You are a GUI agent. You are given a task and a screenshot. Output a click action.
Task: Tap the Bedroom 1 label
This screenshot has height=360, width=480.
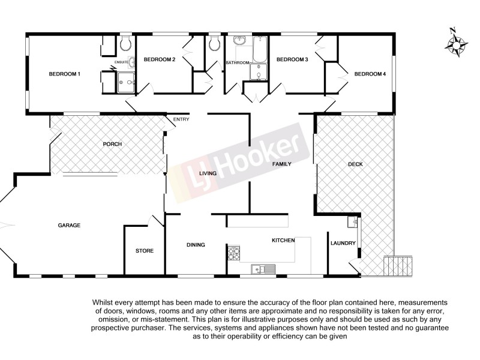64,74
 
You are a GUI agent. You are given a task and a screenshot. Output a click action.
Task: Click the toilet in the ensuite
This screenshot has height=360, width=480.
125,43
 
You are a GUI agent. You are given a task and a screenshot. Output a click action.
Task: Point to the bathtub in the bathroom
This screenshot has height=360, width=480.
260,50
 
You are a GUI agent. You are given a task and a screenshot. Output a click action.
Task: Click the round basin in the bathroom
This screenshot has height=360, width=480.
239,41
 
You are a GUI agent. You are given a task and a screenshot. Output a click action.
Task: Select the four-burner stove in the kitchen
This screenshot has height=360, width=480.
233,254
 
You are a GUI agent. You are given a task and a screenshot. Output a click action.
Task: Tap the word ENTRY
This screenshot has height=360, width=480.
181,119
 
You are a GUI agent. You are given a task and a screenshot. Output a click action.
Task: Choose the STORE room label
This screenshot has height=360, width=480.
145,251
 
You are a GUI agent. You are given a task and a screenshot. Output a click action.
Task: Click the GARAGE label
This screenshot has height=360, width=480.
69,225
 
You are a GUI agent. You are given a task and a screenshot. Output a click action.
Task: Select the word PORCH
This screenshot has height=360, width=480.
112,144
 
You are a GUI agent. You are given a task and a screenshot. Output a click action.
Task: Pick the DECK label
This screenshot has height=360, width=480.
355,164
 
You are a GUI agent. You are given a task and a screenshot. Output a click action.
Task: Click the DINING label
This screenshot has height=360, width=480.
196,245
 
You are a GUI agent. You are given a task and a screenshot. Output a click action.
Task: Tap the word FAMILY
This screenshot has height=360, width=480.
281,164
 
